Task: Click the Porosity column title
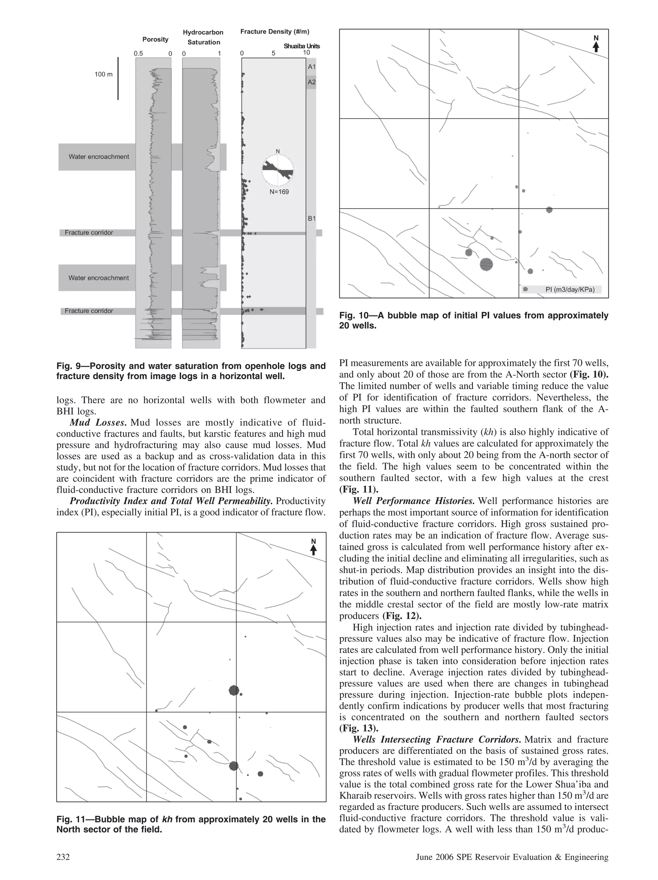tap(155, 39)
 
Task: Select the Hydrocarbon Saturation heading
tap(203, 37)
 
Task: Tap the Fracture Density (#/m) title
tap(275, 32)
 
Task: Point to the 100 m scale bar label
tap(103, 74)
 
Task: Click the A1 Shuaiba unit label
tap(311, 67)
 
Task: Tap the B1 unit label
tap(311, 218)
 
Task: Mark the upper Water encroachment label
tap(99, 157)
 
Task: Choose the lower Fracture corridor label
tap(89, 311)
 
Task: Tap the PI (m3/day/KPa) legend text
tap(570, 289)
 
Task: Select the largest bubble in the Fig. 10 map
tap(486, 264)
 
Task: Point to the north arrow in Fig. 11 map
tap(313, 547)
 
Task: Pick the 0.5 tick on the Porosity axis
tap(138, 53)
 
